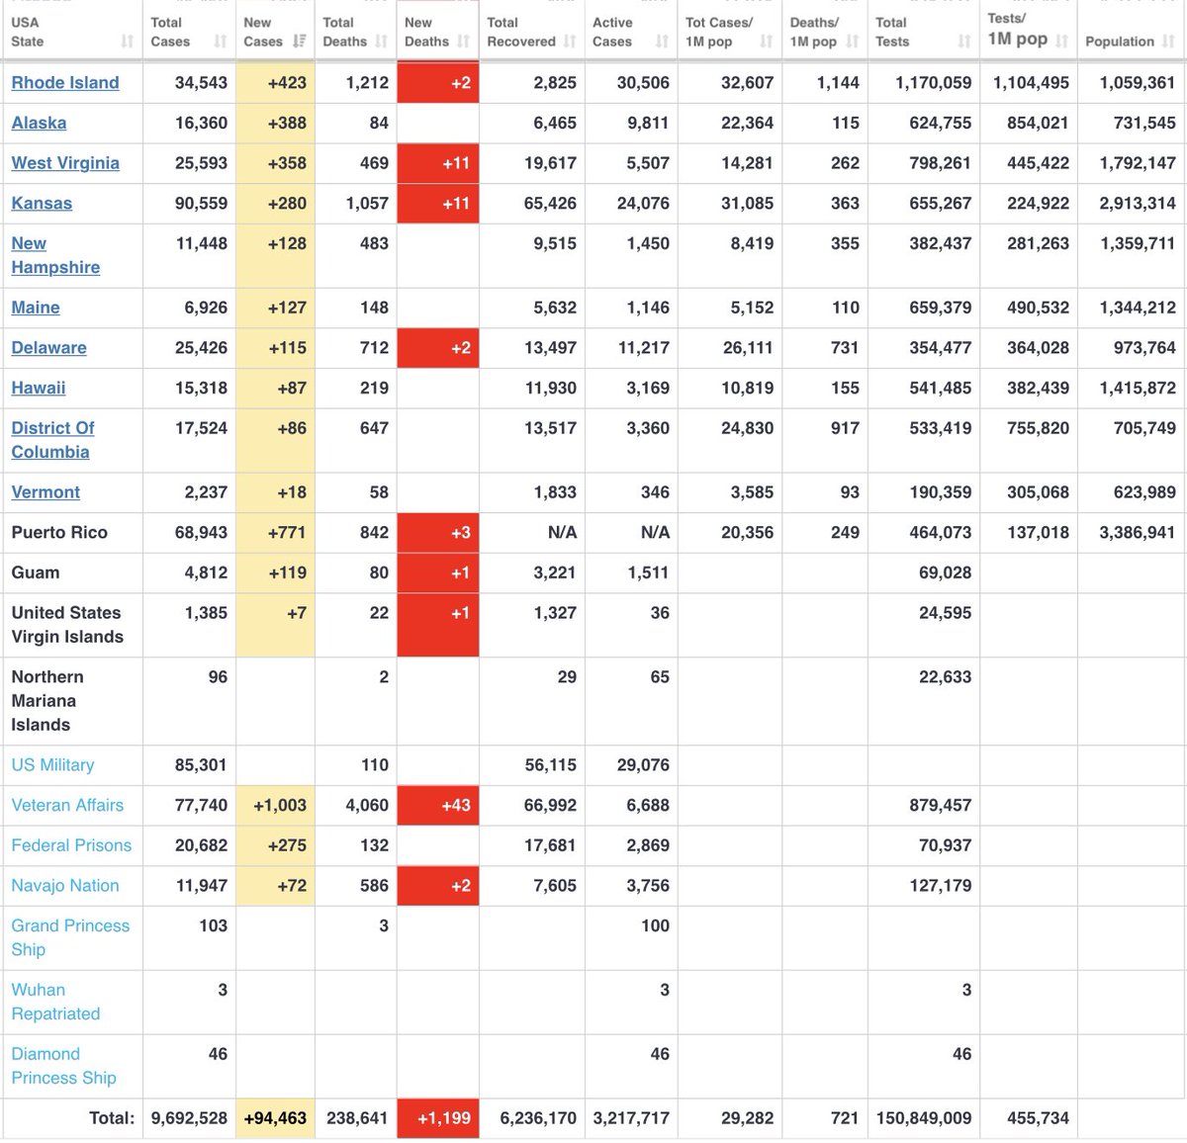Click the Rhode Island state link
pos(65,82)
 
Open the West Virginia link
pos(65,163)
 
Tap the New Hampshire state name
pos(55,255)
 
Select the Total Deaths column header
pos(344,32)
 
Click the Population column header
pos(1120,42)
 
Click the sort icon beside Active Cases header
pos(661,42)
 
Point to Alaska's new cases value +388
pos(287,123)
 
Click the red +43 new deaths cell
pos(438,805)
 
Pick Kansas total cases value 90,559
pos(201,203)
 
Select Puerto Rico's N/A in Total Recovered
pos(562,532)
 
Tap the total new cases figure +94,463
pos(275,1118)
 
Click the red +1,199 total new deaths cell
pos(438,1118)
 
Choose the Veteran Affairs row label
pos(67,805)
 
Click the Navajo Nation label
pos(65,885)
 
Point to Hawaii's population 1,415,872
pos(1138,388)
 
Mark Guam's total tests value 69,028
pos(945,572)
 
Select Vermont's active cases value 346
pos(655,492)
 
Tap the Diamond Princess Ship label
pos(63,1066)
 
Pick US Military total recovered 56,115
pos(550,764)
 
